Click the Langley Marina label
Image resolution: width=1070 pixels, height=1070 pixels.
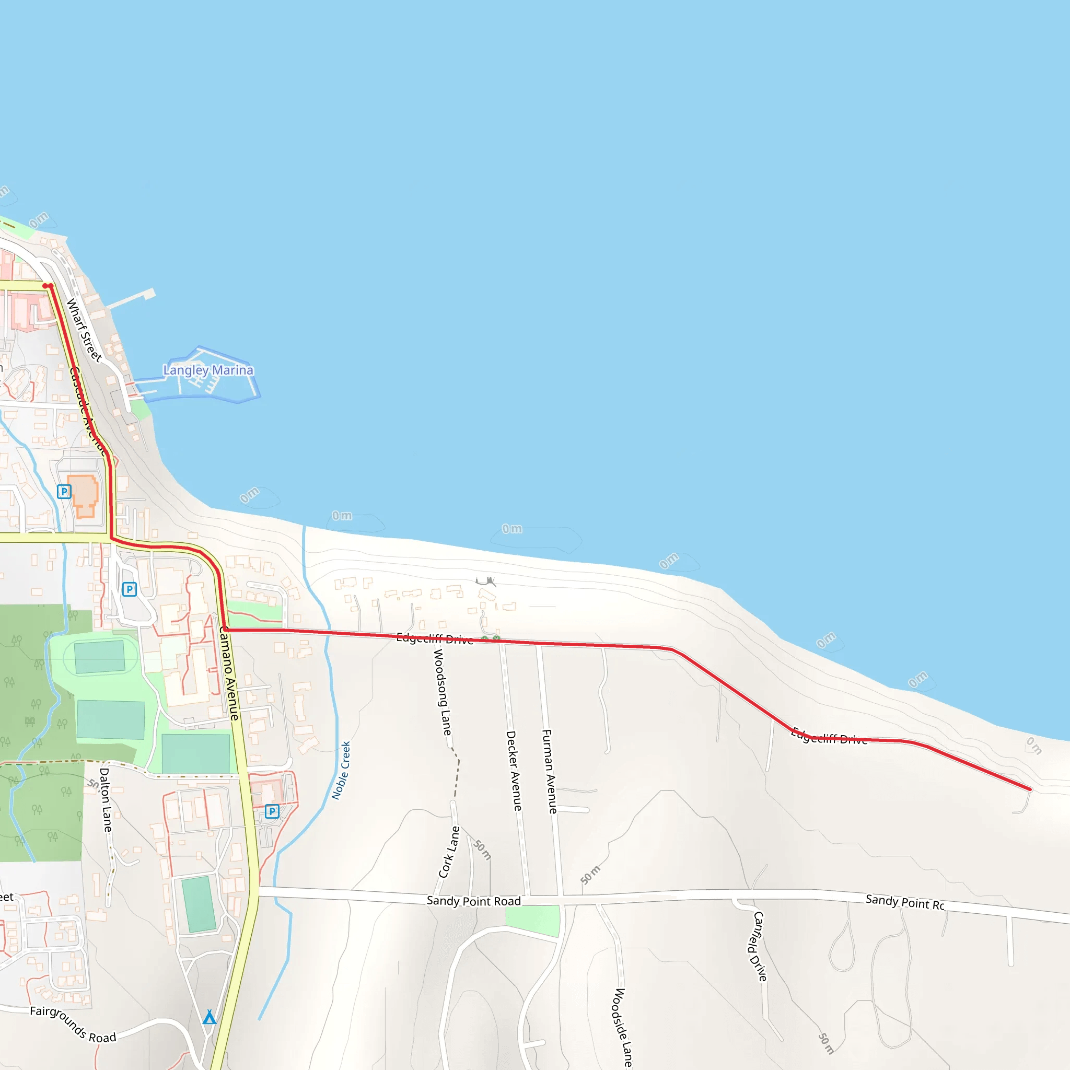tap(208, 370)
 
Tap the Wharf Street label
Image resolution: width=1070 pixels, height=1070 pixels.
tap(84, 330)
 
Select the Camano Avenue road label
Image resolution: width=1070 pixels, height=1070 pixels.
tap(229, 673)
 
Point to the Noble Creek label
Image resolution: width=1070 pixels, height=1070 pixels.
tap(341, 771)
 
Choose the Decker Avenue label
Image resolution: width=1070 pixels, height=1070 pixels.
tap(514, 771)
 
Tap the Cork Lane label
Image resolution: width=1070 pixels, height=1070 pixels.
tap(449, 852)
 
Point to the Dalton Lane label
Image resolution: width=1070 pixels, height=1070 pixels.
tap(105, 799)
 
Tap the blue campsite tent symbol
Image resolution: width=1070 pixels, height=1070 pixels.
tap(210, 1017)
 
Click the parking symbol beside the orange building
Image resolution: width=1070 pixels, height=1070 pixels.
tap(64, 491)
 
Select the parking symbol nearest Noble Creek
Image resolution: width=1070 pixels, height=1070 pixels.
tap(272, 811)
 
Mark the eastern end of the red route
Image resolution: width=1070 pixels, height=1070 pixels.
tap(1030, 789)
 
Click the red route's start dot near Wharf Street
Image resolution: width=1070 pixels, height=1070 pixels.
tap(46, 286)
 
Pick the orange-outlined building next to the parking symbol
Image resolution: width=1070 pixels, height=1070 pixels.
tap(84, 496)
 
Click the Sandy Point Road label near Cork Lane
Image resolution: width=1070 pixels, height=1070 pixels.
tap(473, 901)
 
